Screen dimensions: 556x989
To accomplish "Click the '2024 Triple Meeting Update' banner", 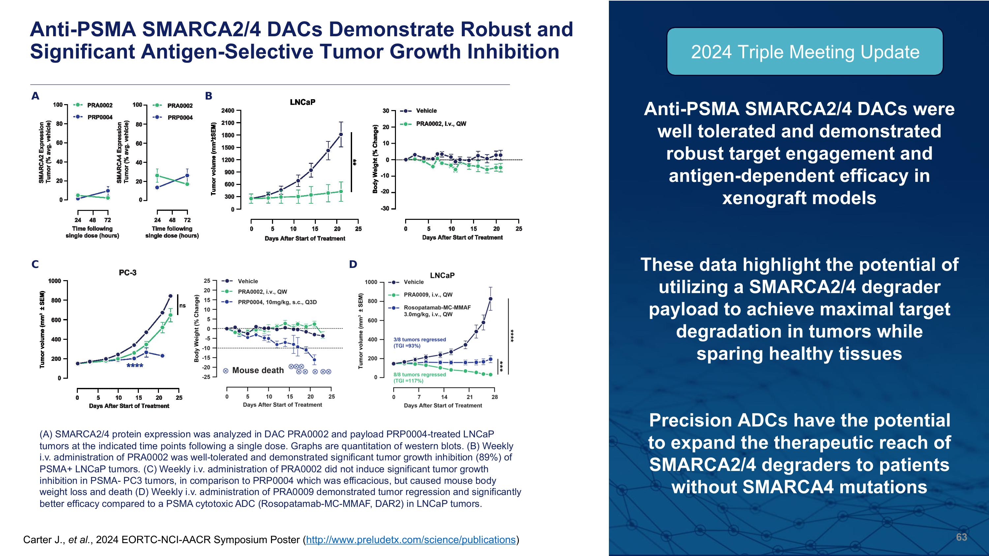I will (x=805, y=52).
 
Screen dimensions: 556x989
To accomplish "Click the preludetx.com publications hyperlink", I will (x=410, y=540).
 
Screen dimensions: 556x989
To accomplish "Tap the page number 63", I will (x=961, y=537).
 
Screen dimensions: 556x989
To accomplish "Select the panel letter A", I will (x=35, y=96).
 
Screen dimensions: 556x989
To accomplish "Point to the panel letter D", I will (x=353, y=264).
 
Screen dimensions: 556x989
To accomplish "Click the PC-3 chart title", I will (x=128, y=273).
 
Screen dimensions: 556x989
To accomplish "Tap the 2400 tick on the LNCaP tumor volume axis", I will (x=228, y=110).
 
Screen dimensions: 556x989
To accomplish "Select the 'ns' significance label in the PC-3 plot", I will (x=182, y=306).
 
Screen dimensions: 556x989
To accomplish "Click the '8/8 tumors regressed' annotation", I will (x=420, y=374).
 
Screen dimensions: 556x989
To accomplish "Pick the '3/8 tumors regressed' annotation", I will (x=420, y=339).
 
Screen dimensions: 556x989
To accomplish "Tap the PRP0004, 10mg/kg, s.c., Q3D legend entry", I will (x=277, y=302).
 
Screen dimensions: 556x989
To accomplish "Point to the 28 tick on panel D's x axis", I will (x=494, y=397).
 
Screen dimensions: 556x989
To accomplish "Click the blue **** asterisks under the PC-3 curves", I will (x=135, y=366).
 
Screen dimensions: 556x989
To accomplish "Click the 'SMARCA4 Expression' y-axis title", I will (x=119, y=152).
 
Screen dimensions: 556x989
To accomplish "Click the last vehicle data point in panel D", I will (x=490, y=299).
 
